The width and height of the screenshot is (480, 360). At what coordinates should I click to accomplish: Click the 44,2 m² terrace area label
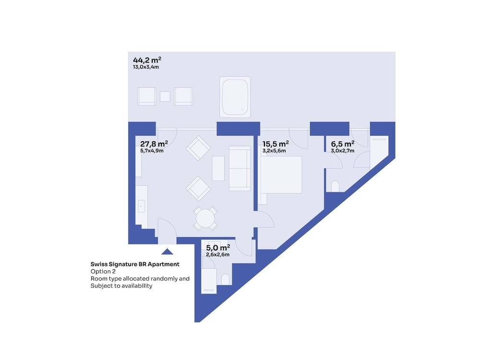(x=147, y=60)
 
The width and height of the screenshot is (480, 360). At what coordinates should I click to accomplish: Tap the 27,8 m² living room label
(x=154, y=144)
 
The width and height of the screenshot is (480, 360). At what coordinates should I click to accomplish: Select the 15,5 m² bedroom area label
(x=276, y=144)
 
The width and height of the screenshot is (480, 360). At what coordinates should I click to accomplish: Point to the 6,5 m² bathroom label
(x=343, y=144)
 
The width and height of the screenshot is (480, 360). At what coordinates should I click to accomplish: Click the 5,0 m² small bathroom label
(x=218, y=248)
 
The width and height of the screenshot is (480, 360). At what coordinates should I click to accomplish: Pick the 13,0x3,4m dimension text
(x=146, y=67)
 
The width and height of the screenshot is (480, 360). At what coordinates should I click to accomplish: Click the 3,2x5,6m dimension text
(x=274, y=151)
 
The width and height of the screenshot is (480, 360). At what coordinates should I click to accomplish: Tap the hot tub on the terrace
(x=235, y=97)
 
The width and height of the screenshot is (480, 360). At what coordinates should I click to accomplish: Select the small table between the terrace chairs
(x=165, y=96)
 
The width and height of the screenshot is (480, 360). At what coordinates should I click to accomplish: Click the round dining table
(x=205, y=218)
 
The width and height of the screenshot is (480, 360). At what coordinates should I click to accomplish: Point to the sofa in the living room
(x=240, y=168)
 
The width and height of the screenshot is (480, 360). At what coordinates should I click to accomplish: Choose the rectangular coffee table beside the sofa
(x=218, y=168)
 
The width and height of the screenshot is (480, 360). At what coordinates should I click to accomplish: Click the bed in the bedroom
(x=281, y=175)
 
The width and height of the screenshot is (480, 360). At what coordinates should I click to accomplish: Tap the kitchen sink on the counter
(x=141, y=206)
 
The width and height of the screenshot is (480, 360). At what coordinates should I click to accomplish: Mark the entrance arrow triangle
(x=167, y=252)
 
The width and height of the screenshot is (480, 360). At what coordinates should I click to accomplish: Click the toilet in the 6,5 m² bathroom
(x=335, y=186)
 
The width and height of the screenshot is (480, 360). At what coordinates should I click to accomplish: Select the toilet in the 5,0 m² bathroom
(x=225, y=279)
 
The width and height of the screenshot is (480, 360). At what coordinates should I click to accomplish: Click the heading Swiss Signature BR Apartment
(x=135, y=264)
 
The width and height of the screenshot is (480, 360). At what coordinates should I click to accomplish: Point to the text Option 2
(x=103, y=272)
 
